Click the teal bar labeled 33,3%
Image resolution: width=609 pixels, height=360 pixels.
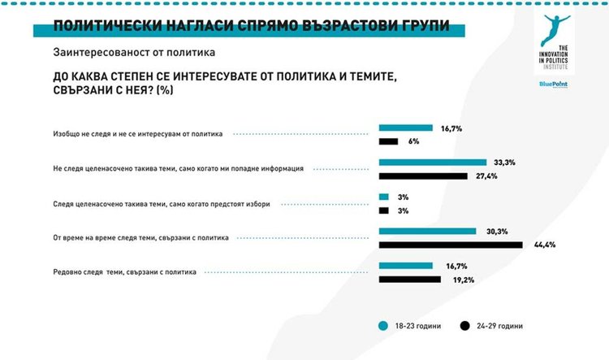(432, 163)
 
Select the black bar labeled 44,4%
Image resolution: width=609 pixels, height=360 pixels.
(451, 245)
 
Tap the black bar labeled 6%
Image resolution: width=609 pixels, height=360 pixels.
(388, 141)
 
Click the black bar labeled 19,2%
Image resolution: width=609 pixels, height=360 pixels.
(409, 279)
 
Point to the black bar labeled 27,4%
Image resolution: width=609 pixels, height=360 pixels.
(423, 176)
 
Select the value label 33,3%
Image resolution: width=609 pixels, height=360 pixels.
(504, 163)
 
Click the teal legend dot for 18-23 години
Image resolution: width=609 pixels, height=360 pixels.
(382, 326)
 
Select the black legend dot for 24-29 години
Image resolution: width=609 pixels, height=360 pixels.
(464, 326)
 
